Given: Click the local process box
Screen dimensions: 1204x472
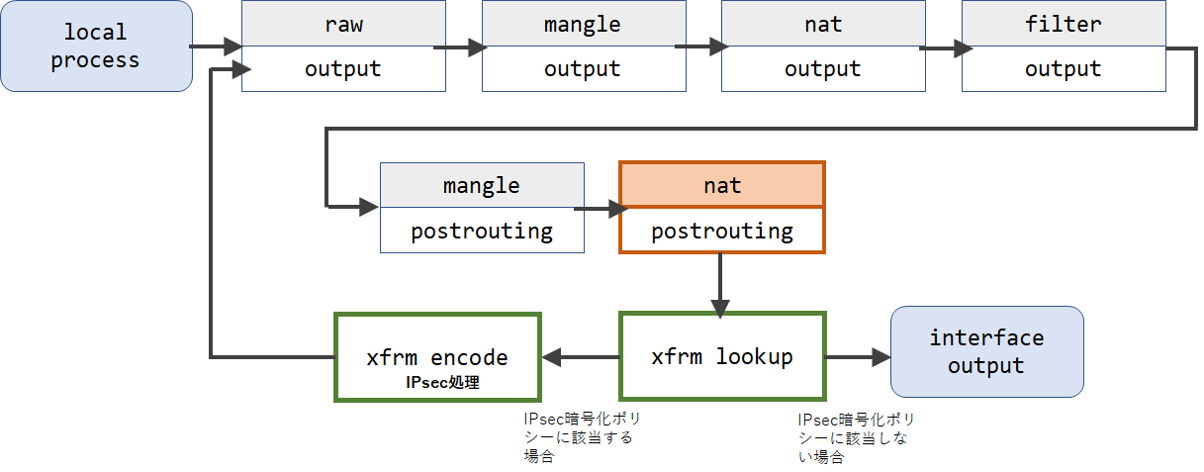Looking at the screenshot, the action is pos(97,47).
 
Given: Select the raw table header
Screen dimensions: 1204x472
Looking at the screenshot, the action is pos(343,23).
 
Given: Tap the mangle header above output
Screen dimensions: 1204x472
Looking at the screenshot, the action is pos(584,23).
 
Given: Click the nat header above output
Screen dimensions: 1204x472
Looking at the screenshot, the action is pos(823,23).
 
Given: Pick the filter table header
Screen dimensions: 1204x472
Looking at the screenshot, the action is pos(1064,23).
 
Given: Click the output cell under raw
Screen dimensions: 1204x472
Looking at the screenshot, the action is pos(343,69).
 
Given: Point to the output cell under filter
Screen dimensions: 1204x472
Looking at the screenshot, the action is pos(1064,69).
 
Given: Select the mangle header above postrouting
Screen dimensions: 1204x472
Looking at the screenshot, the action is pos(482,185).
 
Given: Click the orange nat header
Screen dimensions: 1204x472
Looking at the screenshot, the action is pos(722,184).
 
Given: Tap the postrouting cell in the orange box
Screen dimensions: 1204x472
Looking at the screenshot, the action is pos(722,231).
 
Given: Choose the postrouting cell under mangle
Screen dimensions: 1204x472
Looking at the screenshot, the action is pos(482,231).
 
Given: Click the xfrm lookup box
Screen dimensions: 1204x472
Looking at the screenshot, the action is pos(722,356).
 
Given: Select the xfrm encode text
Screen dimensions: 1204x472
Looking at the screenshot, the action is pos(437,357).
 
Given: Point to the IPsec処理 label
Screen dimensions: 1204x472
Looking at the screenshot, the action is pos(442,382).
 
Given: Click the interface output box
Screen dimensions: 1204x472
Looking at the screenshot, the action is pos(987,351).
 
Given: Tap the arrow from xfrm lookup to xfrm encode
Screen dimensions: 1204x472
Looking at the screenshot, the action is pos(581,357).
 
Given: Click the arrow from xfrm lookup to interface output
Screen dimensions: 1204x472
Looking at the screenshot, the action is pos(858,357).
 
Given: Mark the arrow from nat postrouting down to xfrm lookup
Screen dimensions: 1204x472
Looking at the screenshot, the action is pos(719,285).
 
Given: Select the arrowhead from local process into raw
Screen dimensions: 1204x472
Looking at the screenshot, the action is pos(233,47).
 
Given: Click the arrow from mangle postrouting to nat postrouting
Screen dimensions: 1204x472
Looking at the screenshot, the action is pos(602,209).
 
